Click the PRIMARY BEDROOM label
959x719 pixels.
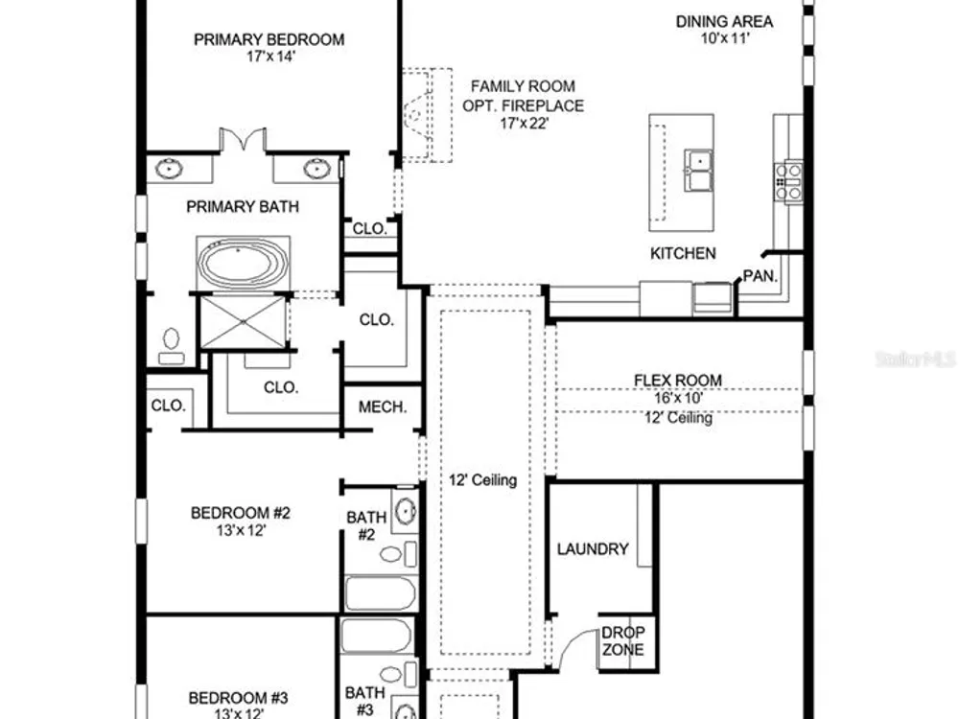click(269, 39)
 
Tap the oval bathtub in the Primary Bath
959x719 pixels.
click(244, 264)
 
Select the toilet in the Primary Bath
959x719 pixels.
click(172, 346)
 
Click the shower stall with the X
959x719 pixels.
click(244, 321)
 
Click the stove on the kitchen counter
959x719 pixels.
click(789, 181)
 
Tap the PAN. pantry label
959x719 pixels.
click(760, 276)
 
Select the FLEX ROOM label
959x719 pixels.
click(678, 381)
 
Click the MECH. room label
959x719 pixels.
click(383, 407)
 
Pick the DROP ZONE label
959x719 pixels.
click(622, 640)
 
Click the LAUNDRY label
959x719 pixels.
click(593, 549)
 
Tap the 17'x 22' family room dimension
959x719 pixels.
click(525, 124)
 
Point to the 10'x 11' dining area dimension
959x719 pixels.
click(725, 38)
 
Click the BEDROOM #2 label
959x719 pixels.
click(241, 513)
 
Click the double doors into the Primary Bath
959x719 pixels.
click(243, 139)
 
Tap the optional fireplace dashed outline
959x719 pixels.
click(428, 115)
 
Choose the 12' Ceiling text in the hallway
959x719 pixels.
click(483, 480)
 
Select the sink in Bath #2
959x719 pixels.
click(405, 511)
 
